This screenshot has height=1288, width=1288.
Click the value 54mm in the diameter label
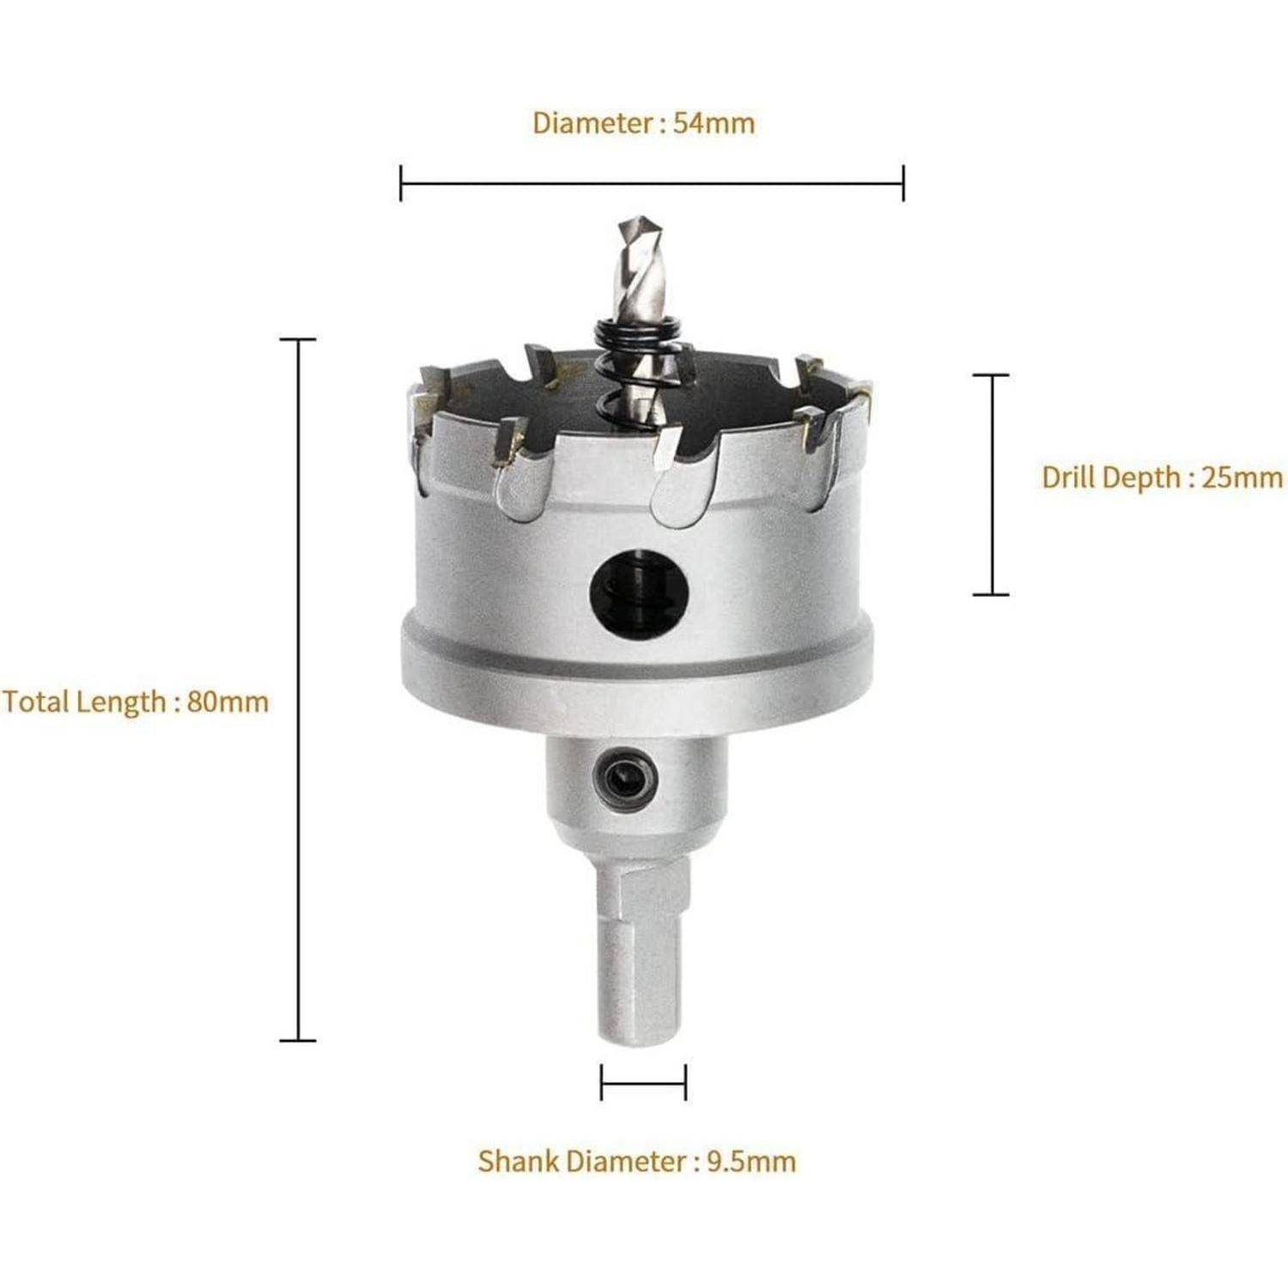point(714,123)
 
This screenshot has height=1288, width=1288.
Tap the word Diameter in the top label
point(593,123)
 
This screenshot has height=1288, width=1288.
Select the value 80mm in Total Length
point(228,702)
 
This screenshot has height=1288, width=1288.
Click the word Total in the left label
point(35,702)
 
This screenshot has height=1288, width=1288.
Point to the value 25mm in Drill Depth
point(1242,477)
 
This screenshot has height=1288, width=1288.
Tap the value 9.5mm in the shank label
point(751,1161)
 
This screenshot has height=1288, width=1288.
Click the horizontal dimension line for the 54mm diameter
point(652,183)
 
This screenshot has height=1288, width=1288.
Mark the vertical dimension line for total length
point(298,690)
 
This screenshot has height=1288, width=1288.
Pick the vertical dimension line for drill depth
point(992,484)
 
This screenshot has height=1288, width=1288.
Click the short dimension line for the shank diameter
point(643,1082)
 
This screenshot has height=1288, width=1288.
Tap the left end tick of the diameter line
point(401,183)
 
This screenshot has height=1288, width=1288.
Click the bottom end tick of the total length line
point(298,1041)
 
